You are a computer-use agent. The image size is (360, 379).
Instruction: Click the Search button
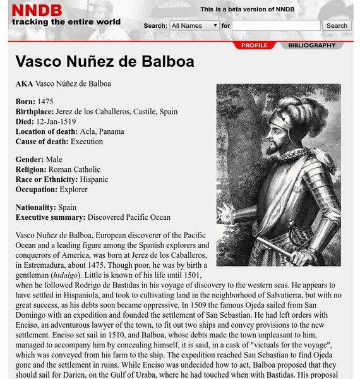337,26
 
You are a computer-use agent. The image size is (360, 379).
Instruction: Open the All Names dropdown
194,26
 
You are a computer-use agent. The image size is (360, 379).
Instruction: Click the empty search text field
277,26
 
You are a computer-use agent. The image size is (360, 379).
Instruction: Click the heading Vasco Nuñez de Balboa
104,62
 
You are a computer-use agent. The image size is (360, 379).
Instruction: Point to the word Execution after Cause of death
87,141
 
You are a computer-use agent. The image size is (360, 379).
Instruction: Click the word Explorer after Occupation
73,189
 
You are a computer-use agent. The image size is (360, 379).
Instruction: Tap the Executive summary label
51,217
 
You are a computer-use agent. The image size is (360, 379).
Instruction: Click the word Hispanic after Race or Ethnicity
94,179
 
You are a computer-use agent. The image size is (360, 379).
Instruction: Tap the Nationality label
36,207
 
